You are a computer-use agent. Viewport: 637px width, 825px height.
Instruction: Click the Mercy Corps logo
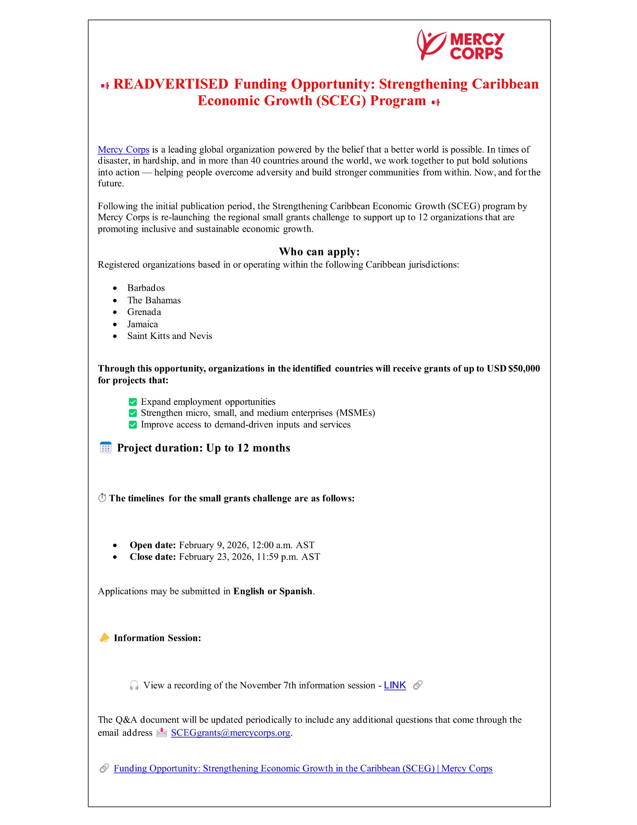pyautogui.click(x=461, y=45)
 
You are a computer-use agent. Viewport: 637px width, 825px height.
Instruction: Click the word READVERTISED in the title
pyautogui.click(x=170, y=84)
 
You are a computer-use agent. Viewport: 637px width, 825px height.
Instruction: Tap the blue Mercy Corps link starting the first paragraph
pyautogui.click(x=123, y=150)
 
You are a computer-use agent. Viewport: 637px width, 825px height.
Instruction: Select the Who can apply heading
pyautogui.click(x=319, y=252)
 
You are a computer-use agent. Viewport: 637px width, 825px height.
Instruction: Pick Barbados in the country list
pyautogui.click(x=146, y=288)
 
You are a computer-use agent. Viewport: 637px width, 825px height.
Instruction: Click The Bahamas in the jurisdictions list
pyautogui.click(x=154, y=300)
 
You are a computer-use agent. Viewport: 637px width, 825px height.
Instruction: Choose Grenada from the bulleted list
pyautogui.click(x=144, y=312)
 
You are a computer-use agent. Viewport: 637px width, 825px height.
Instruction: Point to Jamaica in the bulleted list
pyautogui.click(x=143, y=324)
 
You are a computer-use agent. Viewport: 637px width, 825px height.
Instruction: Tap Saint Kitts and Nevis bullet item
pyautogui.click(x=169, y=336)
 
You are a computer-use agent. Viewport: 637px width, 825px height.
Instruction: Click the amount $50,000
pyautogui.click(x=524, y=369)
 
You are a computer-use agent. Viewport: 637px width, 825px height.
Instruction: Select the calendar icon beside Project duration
pyautogui.click(x=106, y=448)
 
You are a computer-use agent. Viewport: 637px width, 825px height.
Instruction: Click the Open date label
pyautogui.click(x=153, y=545)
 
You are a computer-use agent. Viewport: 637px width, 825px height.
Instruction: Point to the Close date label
pyautogui.click(x=153, y=557)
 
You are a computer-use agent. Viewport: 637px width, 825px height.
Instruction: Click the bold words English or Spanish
pyautogui.click(x=273, y=591)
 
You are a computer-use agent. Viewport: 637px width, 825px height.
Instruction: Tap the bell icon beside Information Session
pyautogui.click(x=104, y=638)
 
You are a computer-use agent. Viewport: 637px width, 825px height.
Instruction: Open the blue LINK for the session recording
pyautogui.click(x=395, y=685)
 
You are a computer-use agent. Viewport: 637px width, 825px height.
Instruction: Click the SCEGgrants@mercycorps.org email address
pyautogui.click(x=230, y=733)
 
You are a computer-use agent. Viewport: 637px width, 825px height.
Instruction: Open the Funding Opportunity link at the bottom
pyautogui.click(x=303, y=769)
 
